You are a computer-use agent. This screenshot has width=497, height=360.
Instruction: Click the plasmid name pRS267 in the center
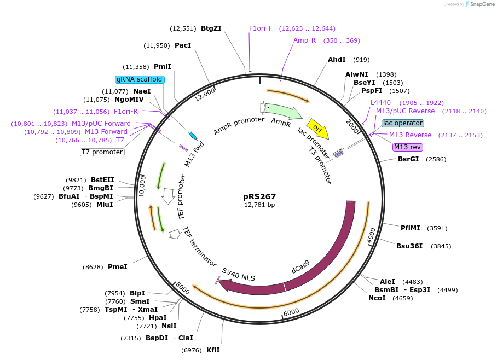pos(259,196)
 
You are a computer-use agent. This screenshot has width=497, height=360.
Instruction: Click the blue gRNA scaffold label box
pos(140,79)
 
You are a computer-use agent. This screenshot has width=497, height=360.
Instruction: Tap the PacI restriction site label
pos(183,45)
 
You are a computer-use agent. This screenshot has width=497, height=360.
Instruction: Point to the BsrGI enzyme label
pos(408,159)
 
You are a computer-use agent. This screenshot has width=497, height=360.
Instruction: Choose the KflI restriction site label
pos(213,350)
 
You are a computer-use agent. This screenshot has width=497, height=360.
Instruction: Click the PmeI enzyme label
pos(118,267)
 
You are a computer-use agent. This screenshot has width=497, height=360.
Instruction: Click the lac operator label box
pos(402,123)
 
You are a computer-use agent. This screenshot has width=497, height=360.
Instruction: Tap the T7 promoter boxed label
pos(102,152)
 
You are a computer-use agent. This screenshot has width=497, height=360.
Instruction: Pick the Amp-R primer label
pos(304,40)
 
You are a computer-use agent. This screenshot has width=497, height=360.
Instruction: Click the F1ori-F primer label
pos(261,28)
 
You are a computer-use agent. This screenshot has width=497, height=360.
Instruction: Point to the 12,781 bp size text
pos(259,205)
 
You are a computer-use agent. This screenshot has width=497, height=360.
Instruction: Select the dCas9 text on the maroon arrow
pos(300,266)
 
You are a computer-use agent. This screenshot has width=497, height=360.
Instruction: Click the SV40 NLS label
pos(238,274)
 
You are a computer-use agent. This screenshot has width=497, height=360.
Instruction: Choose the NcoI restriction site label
pos(377,298)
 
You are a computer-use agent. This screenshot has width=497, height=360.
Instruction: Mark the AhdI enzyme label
pos(337,60)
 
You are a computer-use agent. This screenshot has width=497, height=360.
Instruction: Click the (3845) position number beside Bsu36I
pos(441,246)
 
